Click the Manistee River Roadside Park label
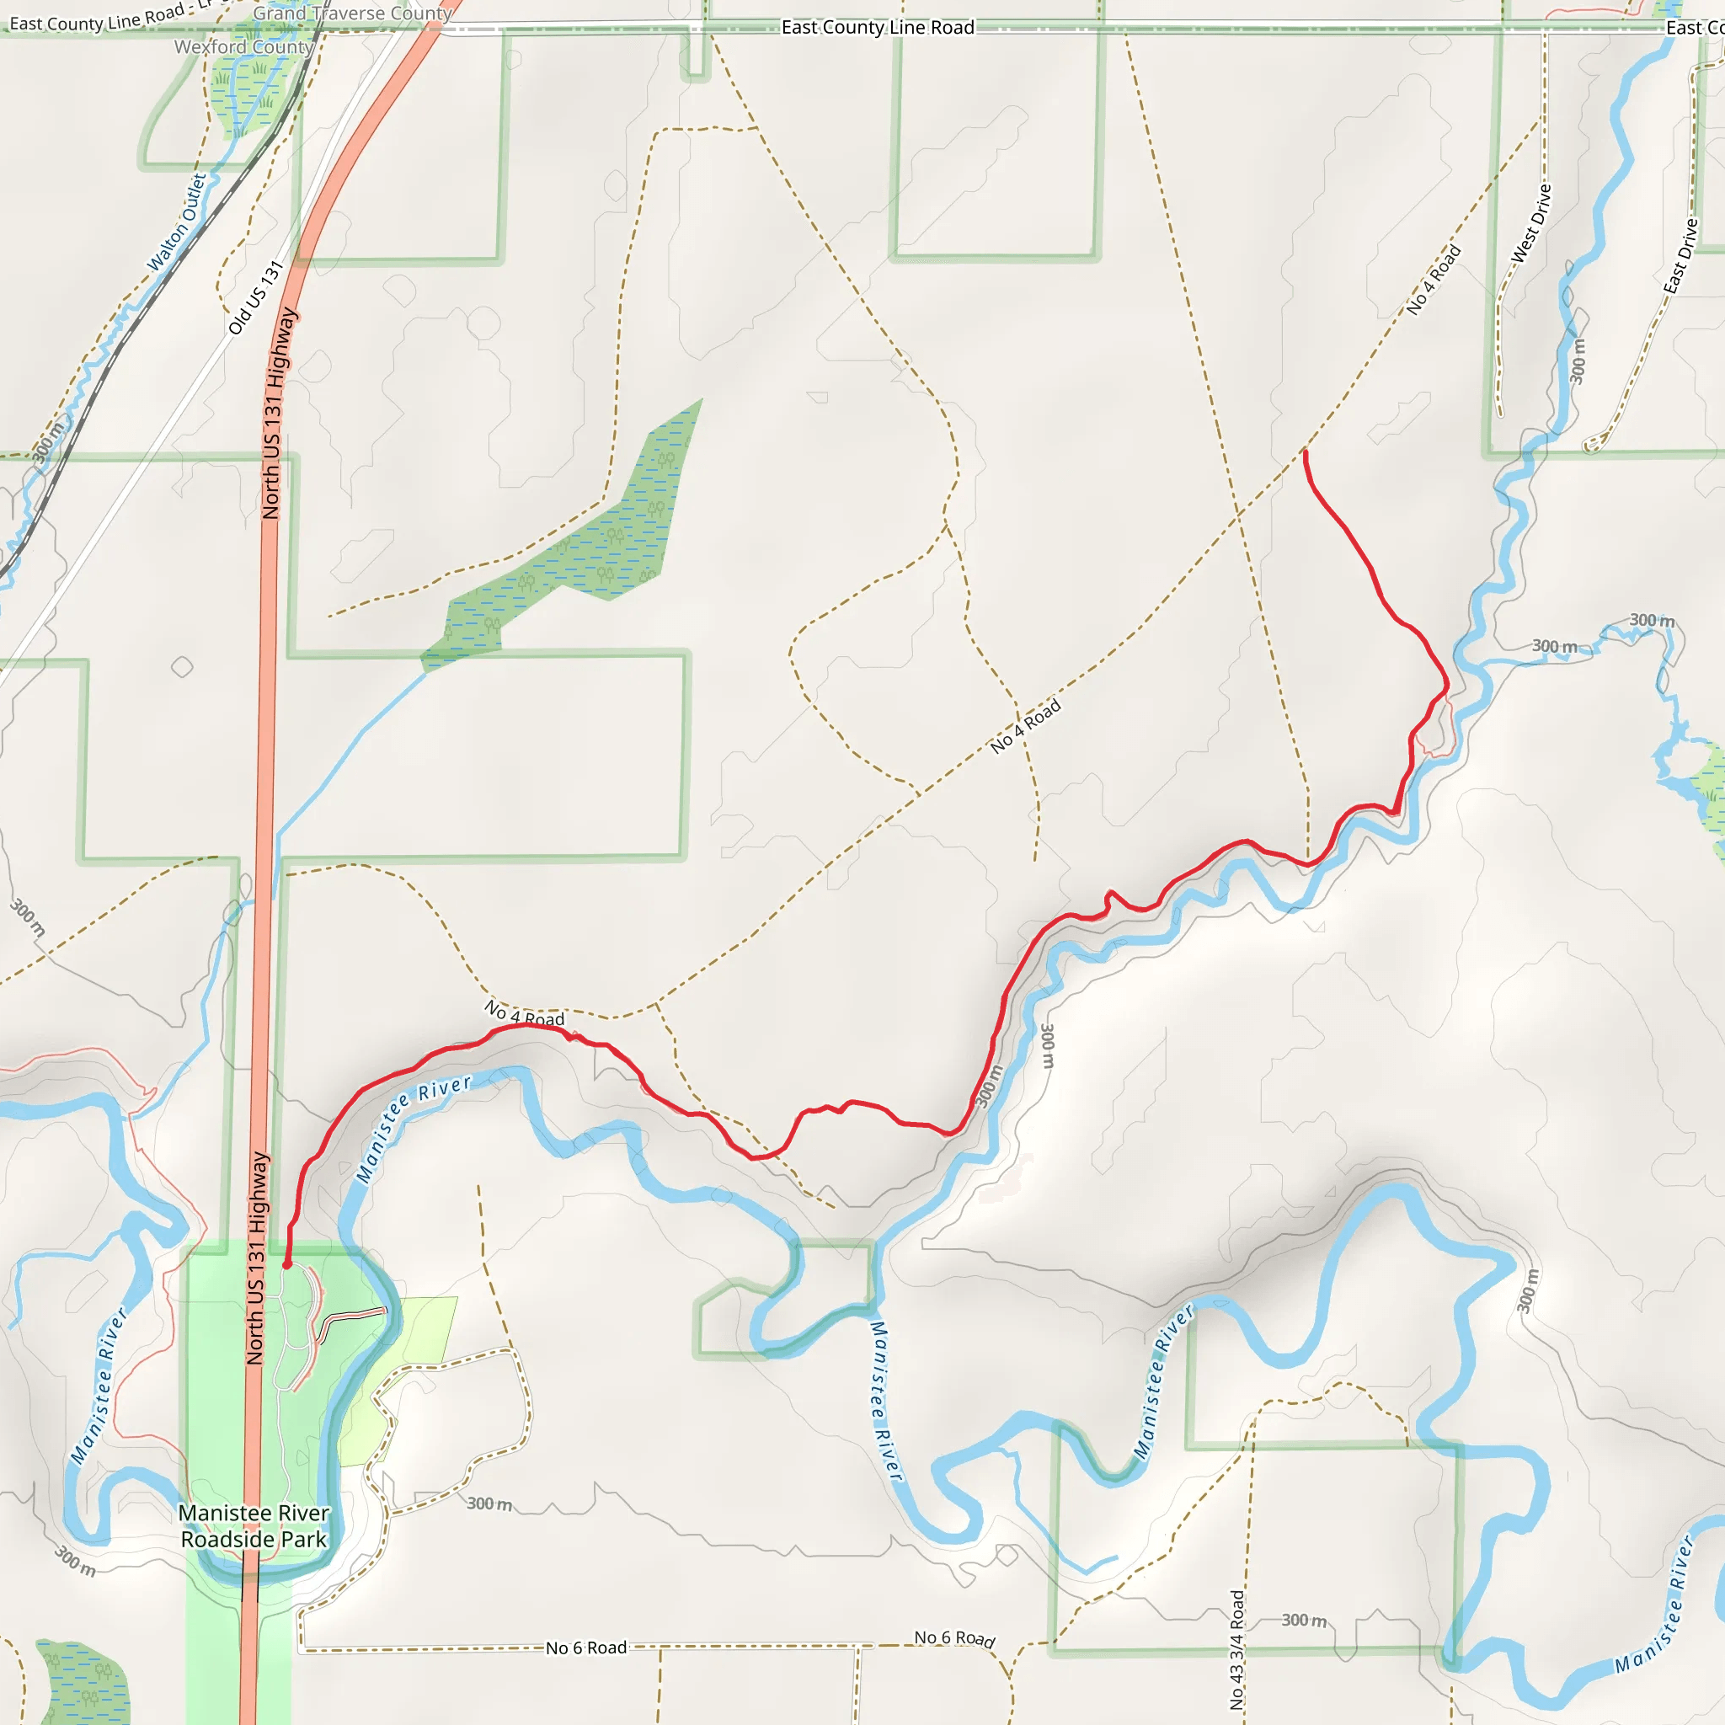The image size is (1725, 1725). pos(254,1526)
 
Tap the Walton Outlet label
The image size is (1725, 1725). pos(177,222)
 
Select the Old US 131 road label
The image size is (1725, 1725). pos(255,297)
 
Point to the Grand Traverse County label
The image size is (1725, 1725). pos(353,13)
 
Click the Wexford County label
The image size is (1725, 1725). pos(243,46)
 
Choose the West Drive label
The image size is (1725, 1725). pos(1531,223)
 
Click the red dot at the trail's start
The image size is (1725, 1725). pos(286,1265)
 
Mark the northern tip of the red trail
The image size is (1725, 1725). pos(1306,452)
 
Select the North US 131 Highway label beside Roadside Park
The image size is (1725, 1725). pos(256,1258)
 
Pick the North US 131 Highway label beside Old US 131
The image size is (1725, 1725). pos(279,413)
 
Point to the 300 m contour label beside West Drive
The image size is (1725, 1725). pos(1578,360)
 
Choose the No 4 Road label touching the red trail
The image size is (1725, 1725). pos(524,1014)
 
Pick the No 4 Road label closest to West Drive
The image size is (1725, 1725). pos(1433,280)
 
